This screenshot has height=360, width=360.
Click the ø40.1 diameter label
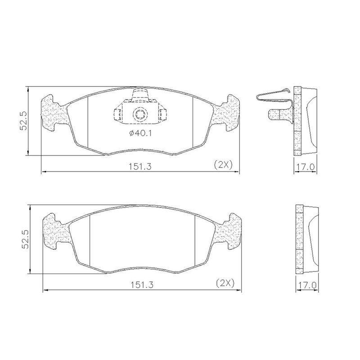pos(140,133)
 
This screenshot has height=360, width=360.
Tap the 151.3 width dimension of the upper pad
pos(140,166)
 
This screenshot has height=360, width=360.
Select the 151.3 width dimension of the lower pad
pos(142,285)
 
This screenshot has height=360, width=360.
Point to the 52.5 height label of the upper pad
pos(23,121)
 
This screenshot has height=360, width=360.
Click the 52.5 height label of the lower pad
pos(25,239)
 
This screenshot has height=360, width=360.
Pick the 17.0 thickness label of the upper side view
pos(305,167)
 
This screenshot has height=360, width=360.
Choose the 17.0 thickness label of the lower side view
pos(307,285)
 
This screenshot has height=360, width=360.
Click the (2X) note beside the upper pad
pos(223,165)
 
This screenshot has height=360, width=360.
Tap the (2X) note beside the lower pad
pos(225,283)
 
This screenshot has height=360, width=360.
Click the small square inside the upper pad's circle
pos(139,114)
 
